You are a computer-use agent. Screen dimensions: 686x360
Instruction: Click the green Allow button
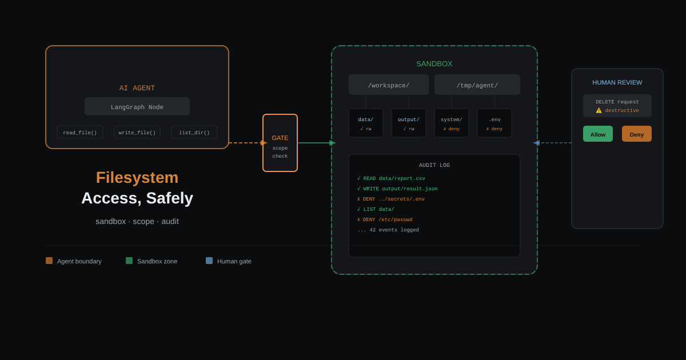click(598, 134)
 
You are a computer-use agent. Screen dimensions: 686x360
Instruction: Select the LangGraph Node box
click(137, 106)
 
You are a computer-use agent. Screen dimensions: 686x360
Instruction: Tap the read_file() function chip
click(80, 132)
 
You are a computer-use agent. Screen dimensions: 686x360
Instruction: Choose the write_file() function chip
click(137, 132)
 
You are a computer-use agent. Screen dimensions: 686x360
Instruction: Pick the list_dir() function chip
click(194, 132)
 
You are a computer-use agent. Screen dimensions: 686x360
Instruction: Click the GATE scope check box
click(280, 143)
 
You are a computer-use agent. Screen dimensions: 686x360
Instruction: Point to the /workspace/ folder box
click(389, 85)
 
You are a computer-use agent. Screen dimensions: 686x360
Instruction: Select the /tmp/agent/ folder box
click(477, 85)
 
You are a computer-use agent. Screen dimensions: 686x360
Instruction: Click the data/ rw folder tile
click(366, 123)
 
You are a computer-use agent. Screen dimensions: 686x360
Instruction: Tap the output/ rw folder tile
click(409, 123)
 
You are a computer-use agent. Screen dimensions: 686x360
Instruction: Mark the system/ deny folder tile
click(452, 123)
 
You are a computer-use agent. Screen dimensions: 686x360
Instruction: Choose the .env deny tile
click(494, 123)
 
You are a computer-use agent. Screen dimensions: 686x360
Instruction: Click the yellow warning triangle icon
click(599, 110)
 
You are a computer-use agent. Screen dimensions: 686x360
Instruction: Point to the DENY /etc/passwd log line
click(385, 219)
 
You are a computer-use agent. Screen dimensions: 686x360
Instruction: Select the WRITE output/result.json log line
click(397, 189)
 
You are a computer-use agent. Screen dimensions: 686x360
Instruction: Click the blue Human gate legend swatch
click(209, 261)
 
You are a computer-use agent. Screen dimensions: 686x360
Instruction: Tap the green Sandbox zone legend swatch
click(129, 261)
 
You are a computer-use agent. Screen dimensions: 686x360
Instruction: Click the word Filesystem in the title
click(137, 178)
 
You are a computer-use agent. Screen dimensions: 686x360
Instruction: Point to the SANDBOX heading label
click(434, 63)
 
